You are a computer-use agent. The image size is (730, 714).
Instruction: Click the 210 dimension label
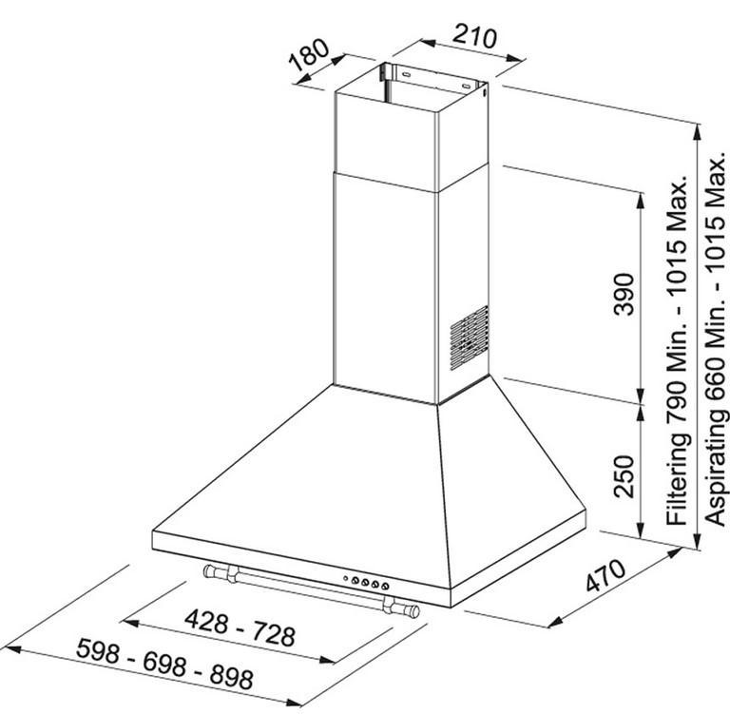(475, 37)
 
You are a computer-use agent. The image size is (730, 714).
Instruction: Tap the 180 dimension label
(309, 55)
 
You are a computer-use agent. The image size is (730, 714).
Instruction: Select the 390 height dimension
(624, 295)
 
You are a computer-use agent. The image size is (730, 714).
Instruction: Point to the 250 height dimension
(624, 476)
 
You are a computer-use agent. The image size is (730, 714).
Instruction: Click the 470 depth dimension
(605, 576)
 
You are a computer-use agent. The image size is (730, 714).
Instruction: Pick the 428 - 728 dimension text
(240, 627)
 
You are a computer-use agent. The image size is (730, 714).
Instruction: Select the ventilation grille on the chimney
(470, 338)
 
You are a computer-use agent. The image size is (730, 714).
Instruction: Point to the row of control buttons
(366, 582)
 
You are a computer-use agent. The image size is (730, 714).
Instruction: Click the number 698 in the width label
(164, 664)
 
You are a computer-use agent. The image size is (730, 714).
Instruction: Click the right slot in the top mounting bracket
(466, 86)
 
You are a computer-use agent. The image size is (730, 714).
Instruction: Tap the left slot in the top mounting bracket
(406, 73)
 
